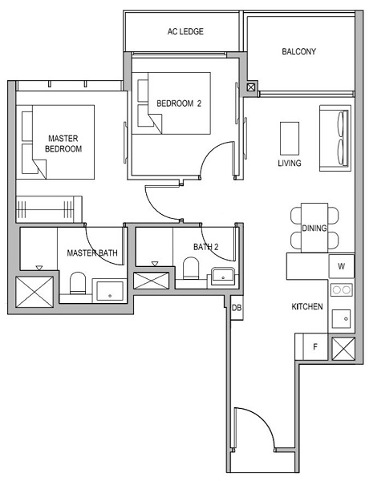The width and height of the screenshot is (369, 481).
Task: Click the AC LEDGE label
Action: coord(185,32)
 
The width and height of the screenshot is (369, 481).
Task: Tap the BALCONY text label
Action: coord(298,52)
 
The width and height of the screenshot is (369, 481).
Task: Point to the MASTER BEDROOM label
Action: coord(63,143)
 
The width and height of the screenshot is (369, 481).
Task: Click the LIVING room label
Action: coord(290,164)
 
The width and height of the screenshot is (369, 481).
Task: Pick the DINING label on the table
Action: coord(314,228)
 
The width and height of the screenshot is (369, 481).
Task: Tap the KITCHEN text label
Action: coord(307,307)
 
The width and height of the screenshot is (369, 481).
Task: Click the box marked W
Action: coord(341,266)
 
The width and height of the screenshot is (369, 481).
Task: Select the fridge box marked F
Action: coord(314,347)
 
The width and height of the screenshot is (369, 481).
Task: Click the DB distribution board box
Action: coord(237,308)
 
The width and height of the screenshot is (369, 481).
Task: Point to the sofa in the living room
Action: coord(335,137)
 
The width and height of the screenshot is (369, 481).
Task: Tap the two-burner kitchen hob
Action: coord(341,290)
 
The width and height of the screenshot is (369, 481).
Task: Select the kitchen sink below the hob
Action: coord(341,318)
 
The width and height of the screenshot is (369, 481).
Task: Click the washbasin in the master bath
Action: coord(108,290)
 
